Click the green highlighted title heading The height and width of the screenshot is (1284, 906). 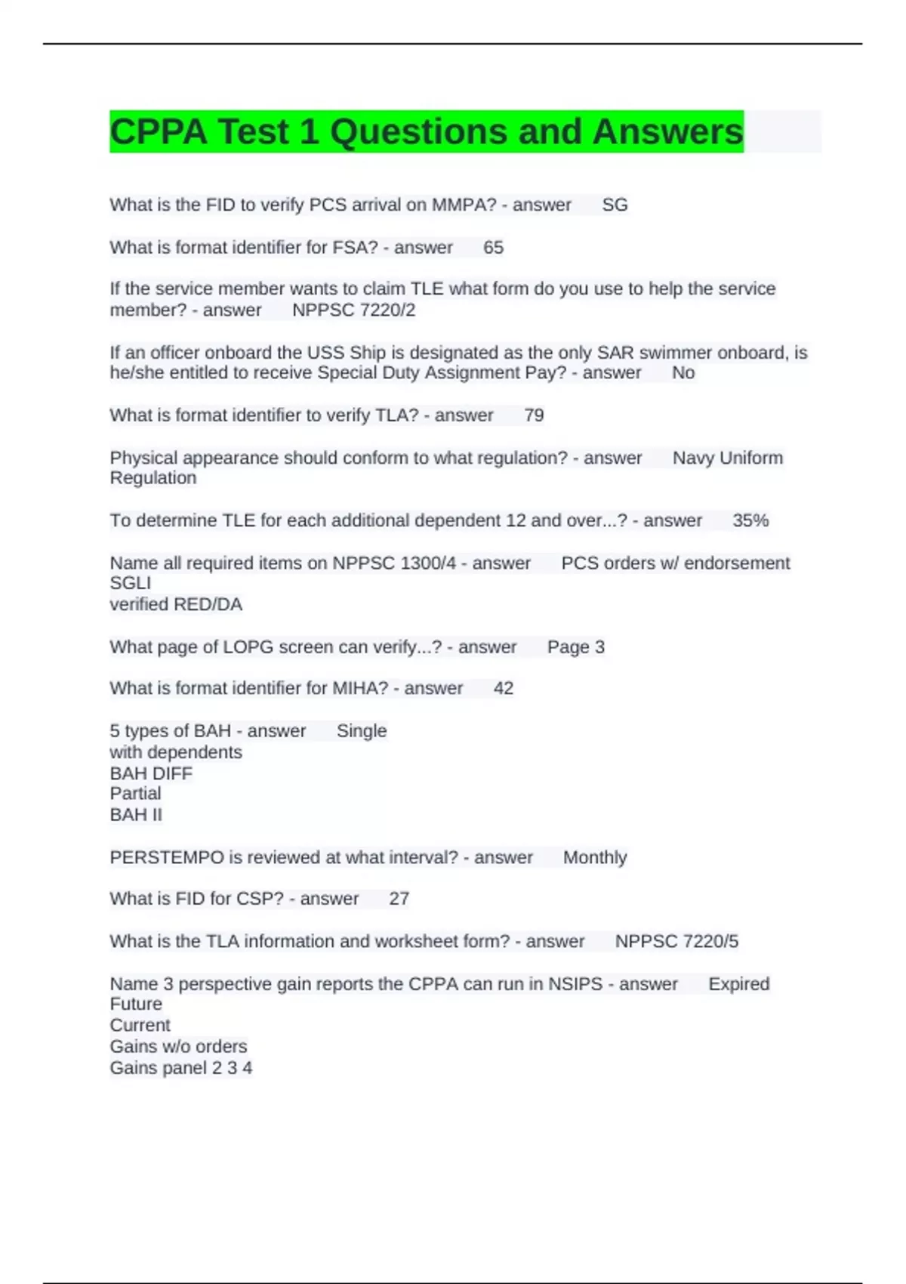click(x=427, y=131)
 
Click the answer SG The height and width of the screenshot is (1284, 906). click(x=615, y=205)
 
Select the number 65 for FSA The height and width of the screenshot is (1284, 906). click(x=493, y=247)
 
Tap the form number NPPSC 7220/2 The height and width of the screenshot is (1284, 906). click(x=353, y=310)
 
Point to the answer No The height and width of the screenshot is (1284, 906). click(x=683, y=372)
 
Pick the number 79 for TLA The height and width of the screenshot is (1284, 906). click(x=534, y=415)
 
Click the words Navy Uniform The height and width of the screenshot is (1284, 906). click(x=727, y=458)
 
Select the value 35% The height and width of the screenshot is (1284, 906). click(x=750, y=520)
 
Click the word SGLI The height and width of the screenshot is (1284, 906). click(x=130, y=583)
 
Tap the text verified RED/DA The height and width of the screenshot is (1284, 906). click(x=176, y=604)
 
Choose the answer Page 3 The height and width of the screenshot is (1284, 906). click(x=576, y=647)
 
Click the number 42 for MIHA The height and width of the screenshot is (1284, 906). click(x=504, y=688)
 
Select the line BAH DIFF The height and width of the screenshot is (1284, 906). click(x=151, y=773)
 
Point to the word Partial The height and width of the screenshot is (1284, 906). click(x=135, y=793)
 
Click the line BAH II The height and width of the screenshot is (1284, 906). click(x=136, y=814)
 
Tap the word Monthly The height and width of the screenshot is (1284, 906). click(x=595, y=857)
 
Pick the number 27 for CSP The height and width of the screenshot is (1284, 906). click(x=399, y=898)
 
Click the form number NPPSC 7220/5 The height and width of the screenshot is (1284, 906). click(x=676, y=941)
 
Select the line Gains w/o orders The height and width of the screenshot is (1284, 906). click(x=178, y=1046)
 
